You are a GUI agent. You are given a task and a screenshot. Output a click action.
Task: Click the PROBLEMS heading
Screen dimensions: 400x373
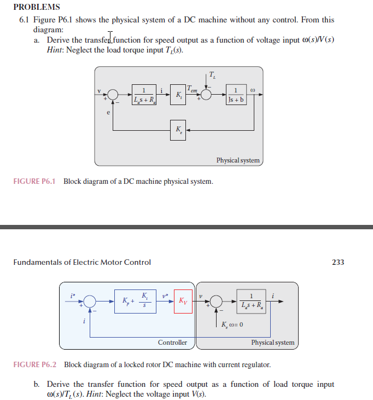(x=36, y=7)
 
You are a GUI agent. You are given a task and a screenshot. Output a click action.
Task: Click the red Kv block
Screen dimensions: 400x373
(x=183, y=301)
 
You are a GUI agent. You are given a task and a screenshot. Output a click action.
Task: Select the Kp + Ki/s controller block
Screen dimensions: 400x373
(x=136, y=301)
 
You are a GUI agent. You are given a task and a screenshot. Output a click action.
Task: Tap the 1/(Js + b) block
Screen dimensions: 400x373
(x=235, y=95)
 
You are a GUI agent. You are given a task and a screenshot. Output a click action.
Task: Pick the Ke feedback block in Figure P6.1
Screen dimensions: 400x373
(x=178, y=130)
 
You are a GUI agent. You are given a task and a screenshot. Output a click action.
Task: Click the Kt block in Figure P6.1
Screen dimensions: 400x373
(x=178, y=95)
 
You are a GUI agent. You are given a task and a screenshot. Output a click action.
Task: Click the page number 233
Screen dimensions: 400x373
(x=338, y=262)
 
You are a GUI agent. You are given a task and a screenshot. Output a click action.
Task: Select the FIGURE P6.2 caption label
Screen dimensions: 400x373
(x=35, y=364)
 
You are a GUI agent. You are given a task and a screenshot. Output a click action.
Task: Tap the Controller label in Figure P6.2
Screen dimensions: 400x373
(x=172, y=343)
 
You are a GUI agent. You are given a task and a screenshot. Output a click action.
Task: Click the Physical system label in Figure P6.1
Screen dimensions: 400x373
(x=238, y=160)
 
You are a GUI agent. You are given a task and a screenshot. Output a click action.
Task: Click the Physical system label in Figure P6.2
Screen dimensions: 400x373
(x=272, y=343)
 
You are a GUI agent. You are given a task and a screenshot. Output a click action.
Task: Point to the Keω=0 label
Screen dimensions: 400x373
(x=232, y=325)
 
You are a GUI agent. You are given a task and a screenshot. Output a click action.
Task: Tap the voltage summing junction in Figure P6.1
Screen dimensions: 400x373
(x=113, y=95)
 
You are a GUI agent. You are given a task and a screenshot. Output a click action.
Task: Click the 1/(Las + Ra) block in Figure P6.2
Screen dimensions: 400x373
(x=251, y=301)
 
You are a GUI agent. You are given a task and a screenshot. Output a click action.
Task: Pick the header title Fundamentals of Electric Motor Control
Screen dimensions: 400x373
(x=81, y=262)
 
